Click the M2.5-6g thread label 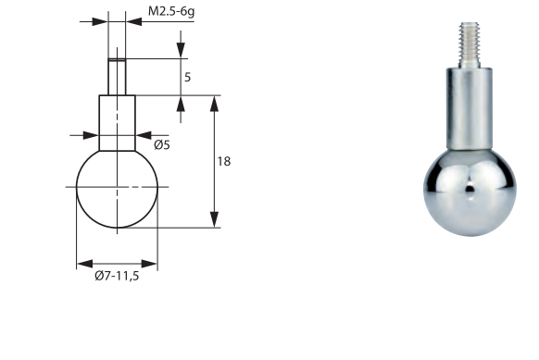tap(171, 11)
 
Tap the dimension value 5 tap(187, 78)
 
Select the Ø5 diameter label tap(162, 145)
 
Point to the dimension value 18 tap(224, 161)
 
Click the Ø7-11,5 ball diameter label tap(117, 276)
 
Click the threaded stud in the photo tap(470, 45)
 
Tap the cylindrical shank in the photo tap(470, 109)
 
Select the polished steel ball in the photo tap(470, 192)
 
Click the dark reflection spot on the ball tap(470, 188)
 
